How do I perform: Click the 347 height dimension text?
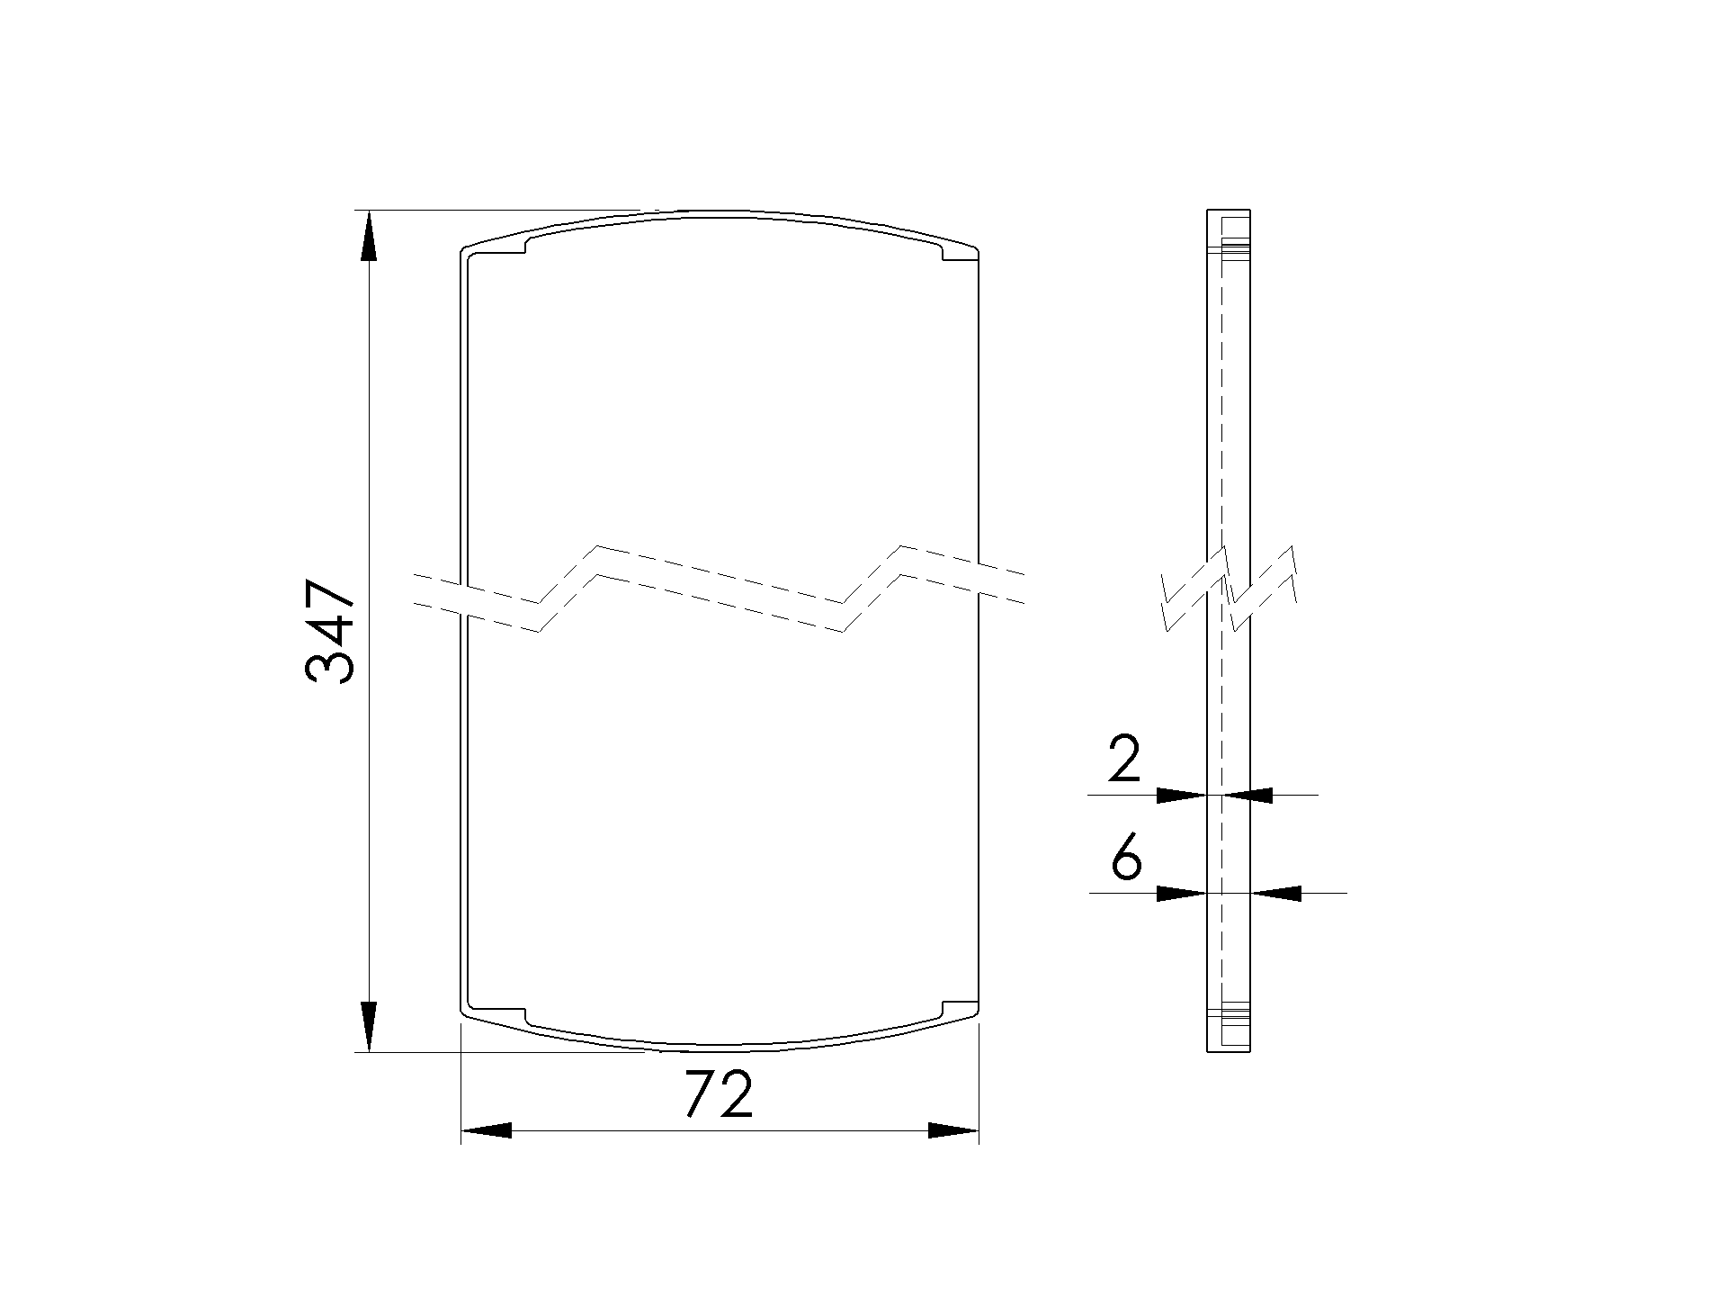pyautogui.click(x=330, y=632)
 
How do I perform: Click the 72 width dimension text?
pyautogui.click(x=718, y=1095)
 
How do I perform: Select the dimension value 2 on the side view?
pyautogui.click(x=1124, y=759)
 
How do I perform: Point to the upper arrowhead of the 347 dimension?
pyautogui.click(x=368, y=236)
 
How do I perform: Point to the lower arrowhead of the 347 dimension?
pyautogui.click(x=368, y=1026)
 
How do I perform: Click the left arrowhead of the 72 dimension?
pyautogui.click(x=486, y=1130)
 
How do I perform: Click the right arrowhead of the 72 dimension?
pyautogui.click(x=953, y=1130)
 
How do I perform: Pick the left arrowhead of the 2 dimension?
pyautogui.click(x=1181, y=795)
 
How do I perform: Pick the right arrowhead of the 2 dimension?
pyautogui.click(x=1248, y=795)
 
